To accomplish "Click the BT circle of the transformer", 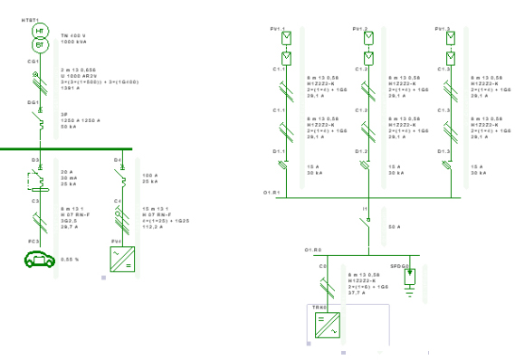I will [x=39, y=44].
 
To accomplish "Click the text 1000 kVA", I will [x=75, y=43].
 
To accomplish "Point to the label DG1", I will [x=32, y=104].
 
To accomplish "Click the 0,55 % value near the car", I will [x=68, y=260].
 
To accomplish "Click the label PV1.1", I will [x=278, y=29].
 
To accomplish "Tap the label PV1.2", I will [x=360, y=29].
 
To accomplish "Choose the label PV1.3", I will [x=443, y=29].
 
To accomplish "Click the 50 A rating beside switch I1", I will [x=394, y=225].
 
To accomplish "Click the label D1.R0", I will [x=312, y=250].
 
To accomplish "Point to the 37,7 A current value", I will [x=359, y=292].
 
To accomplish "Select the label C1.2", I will [x=360, y=69].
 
